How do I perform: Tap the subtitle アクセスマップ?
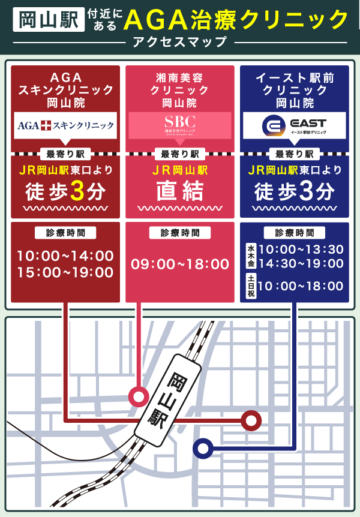tap(179, 42)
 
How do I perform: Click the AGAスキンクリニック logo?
tap(65, 125)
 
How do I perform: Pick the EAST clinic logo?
tap(294, 125)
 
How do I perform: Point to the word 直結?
tap(179, 192)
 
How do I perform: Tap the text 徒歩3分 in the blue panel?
tap(294, 192)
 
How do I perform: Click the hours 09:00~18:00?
tap(179, 264)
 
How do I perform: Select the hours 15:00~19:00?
tap(65, 272)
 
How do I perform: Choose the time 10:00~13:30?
tap(301, 249)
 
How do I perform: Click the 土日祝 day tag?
tap(251, 287)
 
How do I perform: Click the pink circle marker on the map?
tap(139, 396)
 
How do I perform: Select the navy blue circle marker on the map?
tap(203, 447)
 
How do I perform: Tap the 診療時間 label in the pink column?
tap(179, 233)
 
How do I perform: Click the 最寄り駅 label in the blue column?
tap(294, 154)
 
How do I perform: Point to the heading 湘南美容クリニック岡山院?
tap(179, 91)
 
